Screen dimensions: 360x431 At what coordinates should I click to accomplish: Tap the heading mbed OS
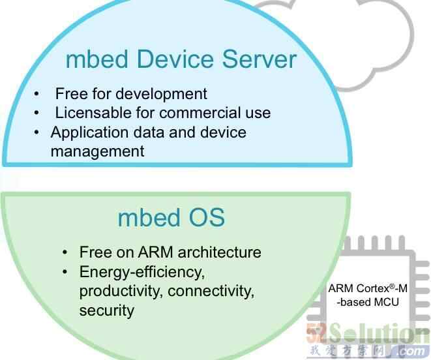point(171,217)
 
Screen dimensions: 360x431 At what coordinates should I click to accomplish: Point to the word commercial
point(201,112)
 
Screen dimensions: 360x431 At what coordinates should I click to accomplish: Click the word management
point(97,151)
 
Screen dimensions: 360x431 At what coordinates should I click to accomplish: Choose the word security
point(106,310)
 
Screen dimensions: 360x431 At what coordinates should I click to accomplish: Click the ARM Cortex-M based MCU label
point(367,294)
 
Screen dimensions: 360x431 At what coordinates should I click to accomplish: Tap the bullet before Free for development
point(39,93)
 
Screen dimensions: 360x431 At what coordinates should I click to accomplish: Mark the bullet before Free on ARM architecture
point(65,252)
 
